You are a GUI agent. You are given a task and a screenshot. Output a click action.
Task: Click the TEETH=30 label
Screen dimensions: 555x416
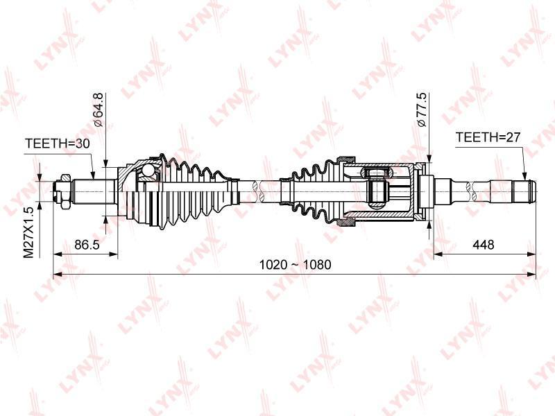(x=58, y=144)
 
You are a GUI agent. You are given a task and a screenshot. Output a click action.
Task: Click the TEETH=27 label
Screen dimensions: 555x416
(x=488, y=137)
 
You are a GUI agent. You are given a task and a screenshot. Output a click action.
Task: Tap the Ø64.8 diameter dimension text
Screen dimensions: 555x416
(x=98, y=110)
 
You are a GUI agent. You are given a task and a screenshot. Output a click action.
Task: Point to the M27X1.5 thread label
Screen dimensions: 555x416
(x=28, y=232)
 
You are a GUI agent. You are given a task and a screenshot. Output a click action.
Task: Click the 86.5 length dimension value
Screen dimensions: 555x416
(x=87, y=245)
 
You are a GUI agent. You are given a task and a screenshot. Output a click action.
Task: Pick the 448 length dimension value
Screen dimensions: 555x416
(x=483, y=245)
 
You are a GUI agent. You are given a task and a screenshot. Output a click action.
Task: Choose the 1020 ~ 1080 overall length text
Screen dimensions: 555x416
(x=296, y=265)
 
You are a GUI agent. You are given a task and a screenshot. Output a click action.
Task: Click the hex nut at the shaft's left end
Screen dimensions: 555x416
(x=65, y=191)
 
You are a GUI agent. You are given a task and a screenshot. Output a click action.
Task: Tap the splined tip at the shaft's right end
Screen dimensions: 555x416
(x=525, y=191)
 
